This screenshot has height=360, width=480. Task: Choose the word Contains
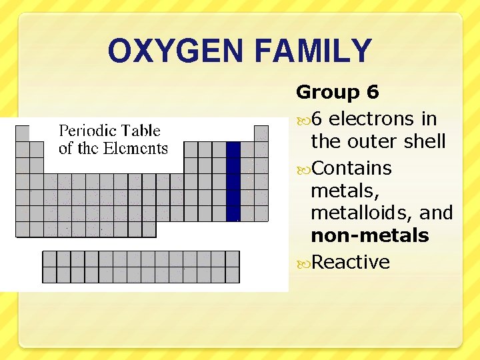pos(351,167)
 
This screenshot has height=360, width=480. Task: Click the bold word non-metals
pos(369,236)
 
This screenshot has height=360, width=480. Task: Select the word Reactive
pos(351,262)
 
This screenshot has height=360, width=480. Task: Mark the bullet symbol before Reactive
pos(303,263)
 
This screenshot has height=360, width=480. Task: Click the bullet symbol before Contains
pos(303,168)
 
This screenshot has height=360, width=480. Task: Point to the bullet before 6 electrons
pos(303,119)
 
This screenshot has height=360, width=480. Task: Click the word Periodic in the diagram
pos(87,131)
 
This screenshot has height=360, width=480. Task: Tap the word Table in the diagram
pos(141,131)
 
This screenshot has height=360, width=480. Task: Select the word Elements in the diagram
pos(137,149)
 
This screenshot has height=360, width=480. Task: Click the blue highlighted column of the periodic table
pos(233,181)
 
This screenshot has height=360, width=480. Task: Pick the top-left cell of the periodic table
pos(23,133)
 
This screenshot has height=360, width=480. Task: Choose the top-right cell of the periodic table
pos(261,133)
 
